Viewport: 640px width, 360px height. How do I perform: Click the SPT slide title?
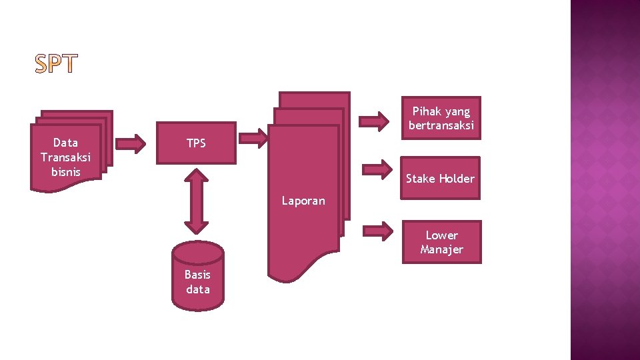pos(56,64)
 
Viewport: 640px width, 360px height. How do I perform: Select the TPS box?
pos(196,143)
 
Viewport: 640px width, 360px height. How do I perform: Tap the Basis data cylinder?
pos(197,276)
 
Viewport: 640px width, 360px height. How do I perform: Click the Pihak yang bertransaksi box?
pos(441,118)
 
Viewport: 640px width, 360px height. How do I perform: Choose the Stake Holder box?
pos(440,178)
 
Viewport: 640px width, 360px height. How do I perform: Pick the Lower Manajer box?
pos(441,242)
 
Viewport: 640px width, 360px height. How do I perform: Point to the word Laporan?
pos(303,201)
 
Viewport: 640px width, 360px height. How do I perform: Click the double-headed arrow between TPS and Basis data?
pos(196,200)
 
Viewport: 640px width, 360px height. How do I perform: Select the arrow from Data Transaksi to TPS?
pos(131,143)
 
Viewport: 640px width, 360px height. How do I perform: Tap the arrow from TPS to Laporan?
pos(253,138)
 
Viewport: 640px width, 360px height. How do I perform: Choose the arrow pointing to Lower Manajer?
pos(378,231)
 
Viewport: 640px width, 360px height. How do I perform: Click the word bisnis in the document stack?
pos(65,171)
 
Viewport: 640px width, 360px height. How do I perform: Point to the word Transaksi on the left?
pos(65,157)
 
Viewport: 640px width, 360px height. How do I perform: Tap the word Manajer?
pos(441,249)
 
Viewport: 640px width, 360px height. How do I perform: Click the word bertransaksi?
pos(441,125)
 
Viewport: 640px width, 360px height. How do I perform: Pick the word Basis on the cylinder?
pos(197,275)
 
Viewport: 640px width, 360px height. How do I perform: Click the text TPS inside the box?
pos(196,143)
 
